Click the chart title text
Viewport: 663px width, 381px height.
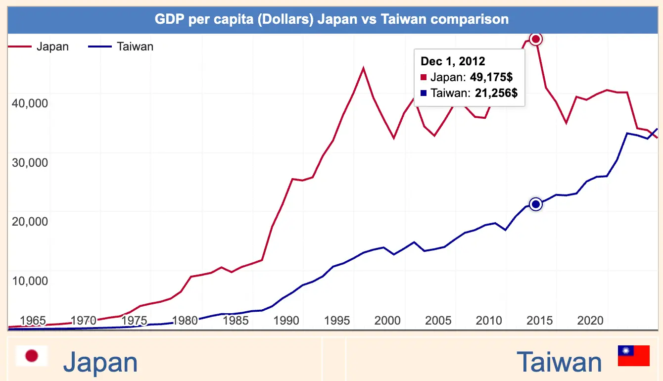[x=331, y=19]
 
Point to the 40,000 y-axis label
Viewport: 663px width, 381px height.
[x=29, y=103]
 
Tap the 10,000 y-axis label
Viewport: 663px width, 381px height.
[x=29, y=281]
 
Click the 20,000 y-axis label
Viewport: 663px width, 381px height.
[x=29, y=221]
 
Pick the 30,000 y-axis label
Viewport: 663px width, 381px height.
[x=29, y=162]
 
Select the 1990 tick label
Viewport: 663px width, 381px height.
[x=286, y=320]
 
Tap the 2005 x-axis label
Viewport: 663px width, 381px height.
[x=438, y=320]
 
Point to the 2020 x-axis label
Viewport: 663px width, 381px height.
[x=590, y=320]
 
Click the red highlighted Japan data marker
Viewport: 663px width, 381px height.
[x=535, y=39]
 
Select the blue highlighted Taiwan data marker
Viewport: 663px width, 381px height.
[x=535, y=204]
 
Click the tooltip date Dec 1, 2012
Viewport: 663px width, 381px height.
[x=453, y=61]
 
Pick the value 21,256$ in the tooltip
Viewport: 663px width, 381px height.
[x=496, y=93]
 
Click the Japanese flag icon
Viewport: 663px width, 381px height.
[x=32, y=356]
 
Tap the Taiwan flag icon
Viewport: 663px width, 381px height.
[x=633, y=356]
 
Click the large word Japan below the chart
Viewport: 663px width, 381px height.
[x=100, y=362]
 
